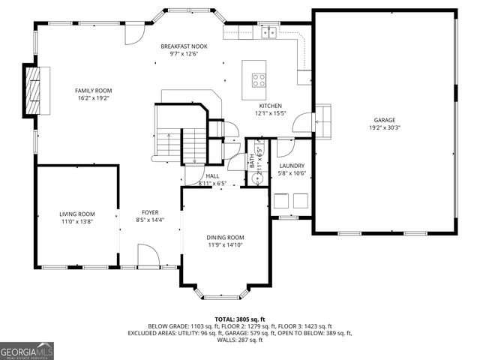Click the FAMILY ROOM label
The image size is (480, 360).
[93, 91]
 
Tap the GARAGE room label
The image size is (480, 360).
[385, 120]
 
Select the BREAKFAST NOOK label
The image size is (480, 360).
[184, 46]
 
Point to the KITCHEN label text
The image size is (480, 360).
[270, 106]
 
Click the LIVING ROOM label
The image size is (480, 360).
[78, 214]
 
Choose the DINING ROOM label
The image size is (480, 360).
[225, 237]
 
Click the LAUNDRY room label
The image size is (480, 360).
[291, 166]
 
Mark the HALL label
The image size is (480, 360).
[213, 176]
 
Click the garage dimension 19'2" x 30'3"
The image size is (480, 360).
[385, 127]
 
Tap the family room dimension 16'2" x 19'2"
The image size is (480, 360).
[93, 98]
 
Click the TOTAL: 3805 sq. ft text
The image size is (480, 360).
[239, 319]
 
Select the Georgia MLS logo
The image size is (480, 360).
[26, 350]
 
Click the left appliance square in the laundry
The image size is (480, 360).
[281, 201]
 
